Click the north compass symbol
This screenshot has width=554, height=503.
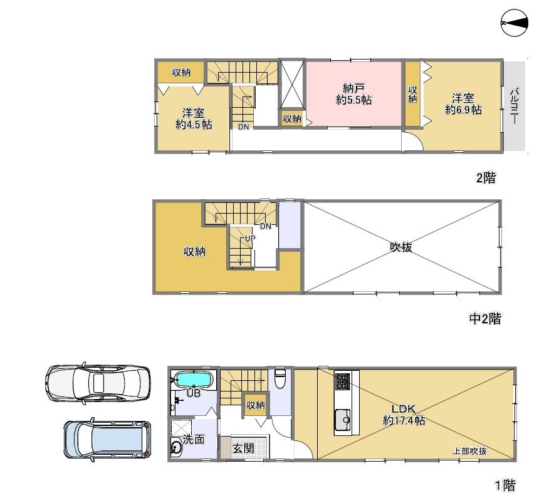pos(515,23)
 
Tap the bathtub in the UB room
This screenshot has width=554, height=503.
pos(194,380)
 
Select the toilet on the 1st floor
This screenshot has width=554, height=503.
pos(280,378)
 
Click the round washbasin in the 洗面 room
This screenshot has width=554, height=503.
pos(176,448)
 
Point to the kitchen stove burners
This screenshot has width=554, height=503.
pos(342,381)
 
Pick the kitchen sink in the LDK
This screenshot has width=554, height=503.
pos(342,420)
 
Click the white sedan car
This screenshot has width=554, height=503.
pos(98,383)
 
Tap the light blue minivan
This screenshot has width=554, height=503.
pos(107,440)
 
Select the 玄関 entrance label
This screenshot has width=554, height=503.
pos(243,449)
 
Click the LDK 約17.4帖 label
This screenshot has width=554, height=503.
pos(404,414)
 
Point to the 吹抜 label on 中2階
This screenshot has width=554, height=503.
pos(401,247)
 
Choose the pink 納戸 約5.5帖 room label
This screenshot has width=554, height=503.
pos(353,93)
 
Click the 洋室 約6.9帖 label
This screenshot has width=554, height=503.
pos(463,103)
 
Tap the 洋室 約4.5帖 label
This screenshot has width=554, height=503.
pos(194,118)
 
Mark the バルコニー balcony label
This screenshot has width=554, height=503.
pos(515,106)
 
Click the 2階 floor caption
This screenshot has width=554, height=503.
pos(486,177)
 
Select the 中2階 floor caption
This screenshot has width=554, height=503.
pos(485,319)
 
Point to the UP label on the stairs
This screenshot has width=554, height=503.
pos(250,239)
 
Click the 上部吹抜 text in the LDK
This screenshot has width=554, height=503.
pos(469,451)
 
